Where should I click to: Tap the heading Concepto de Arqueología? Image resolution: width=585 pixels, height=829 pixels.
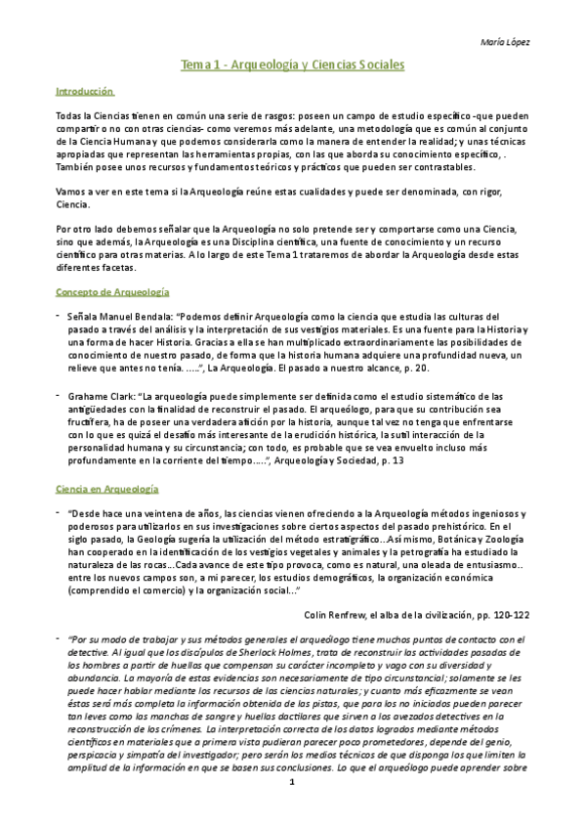click(x=112, y=291)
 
